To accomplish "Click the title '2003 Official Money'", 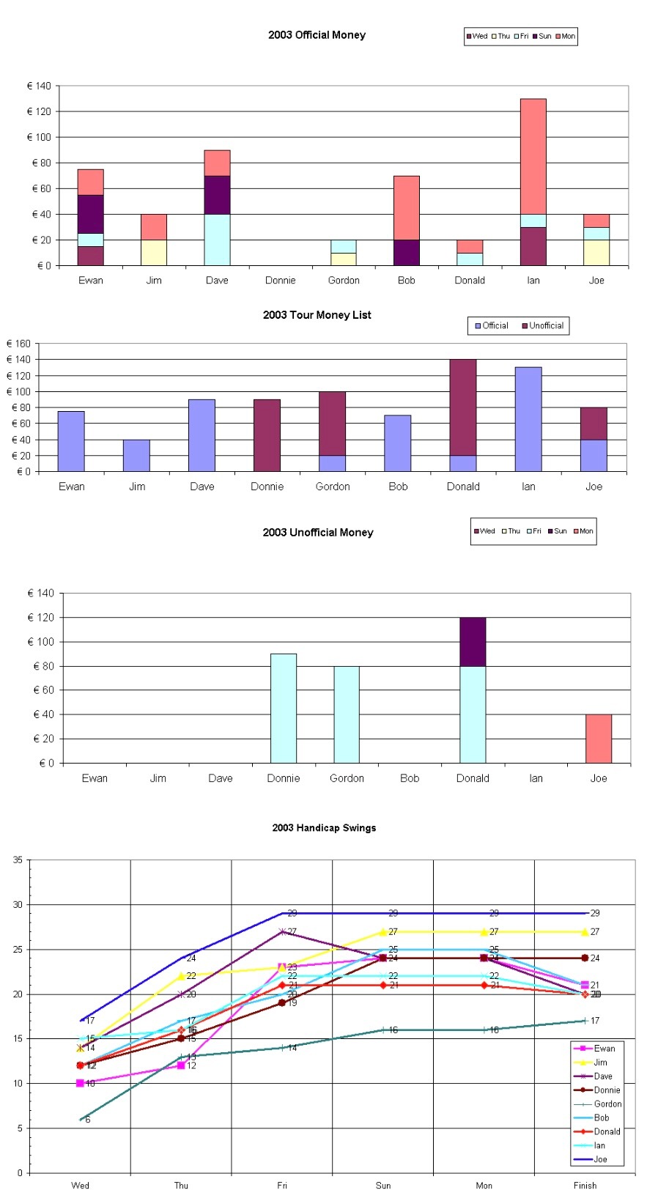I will click(317, 35).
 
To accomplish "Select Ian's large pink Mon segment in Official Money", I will click(533, 156).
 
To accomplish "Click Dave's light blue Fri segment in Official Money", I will click(217, 240).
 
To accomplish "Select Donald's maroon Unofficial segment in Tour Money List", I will click(463, 407).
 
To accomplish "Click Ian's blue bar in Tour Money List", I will click(528, 419).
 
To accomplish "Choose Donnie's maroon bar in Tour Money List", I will click(267, 435).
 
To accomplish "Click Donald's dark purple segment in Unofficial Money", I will click(473, 642).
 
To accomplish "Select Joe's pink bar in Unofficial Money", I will click(598, 739).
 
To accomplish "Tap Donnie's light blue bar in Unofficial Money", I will click(284, 708).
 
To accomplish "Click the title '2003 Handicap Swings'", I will click(324, 828).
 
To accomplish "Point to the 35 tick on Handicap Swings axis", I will click(18, 860).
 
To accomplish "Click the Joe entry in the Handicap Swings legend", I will click(600, 1160).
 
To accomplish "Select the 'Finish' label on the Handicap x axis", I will click(585, 1186).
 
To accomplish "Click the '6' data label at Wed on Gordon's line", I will click(88, 1120).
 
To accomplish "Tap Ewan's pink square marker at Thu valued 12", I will click(181, 1065).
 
